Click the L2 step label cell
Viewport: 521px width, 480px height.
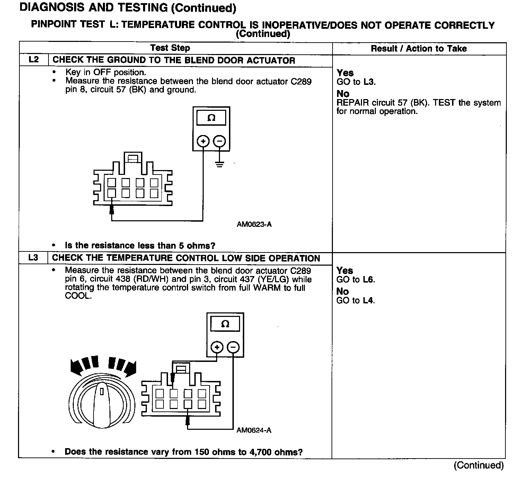(34, 60)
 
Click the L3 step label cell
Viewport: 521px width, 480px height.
(34, 258)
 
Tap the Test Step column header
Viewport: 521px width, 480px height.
(170, 48)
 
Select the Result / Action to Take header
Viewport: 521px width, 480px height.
(418, 48)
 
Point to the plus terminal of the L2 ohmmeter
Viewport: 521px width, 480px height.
(203, 141)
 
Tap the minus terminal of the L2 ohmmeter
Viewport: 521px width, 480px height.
(219, 141)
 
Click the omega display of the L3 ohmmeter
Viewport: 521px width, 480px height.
(225, 324)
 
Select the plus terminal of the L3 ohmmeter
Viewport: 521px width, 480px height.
(217, 347)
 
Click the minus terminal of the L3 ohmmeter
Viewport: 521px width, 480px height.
(233, 347)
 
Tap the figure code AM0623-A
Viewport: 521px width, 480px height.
(254, 224)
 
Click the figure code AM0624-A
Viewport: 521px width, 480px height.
(254, 430)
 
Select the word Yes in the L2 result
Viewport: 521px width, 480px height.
(345, 73)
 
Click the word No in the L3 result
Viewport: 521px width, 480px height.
(342, 292)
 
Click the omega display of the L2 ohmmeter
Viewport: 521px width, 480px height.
(211, 118)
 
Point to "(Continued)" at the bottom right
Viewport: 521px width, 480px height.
(478, 465)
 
